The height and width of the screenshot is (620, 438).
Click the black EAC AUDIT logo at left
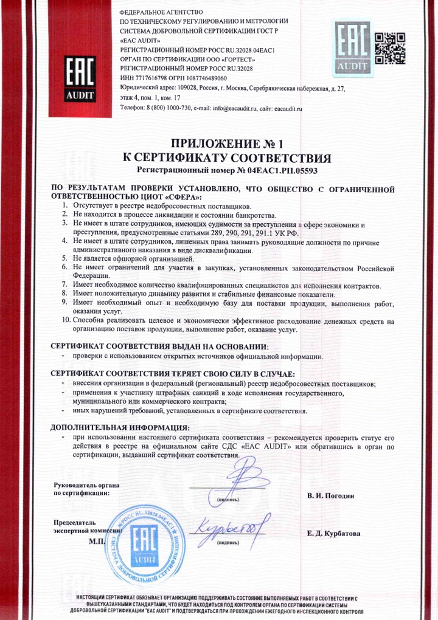click(81, 79)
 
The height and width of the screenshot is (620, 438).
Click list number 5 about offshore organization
click(65, 258)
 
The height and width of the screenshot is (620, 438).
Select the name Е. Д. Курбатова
click(334, 533)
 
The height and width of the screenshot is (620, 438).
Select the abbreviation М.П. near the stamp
click(97, 539)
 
